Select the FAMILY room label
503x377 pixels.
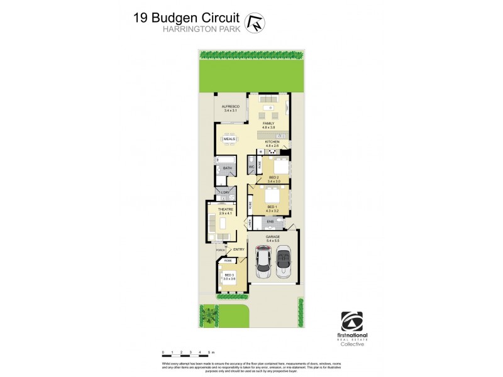268,123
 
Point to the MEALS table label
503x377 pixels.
229,139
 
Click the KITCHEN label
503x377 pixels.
272,142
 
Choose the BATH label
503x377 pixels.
226,168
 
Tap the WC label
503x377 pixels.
251,167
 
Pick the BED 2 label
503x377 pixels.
274,178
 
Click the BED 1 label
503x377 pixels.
272,207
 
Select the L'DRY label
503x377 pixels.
224,192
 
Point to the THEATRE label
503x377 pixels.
226,209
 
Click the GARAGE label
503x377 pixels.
273,237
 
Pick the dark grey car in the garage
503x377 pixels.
284,260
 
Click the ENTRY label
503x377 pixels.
239,249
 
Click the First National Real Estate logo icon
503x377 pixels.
352,321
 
